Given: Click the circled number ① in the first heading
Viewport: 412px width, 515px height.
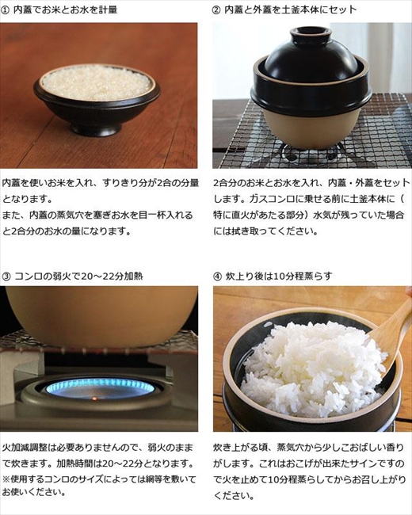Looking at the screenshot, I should tap(6, 10).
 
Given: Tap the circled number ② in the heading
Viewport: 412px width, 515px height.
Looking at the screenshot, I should tap(216, 10).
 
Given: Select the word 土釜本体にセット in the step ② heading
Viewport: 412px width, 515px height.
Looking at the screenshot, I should tap(316, 10).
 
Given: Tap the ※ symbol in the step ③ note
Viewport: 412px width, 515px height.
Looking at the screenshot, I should tap(6, 478).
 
